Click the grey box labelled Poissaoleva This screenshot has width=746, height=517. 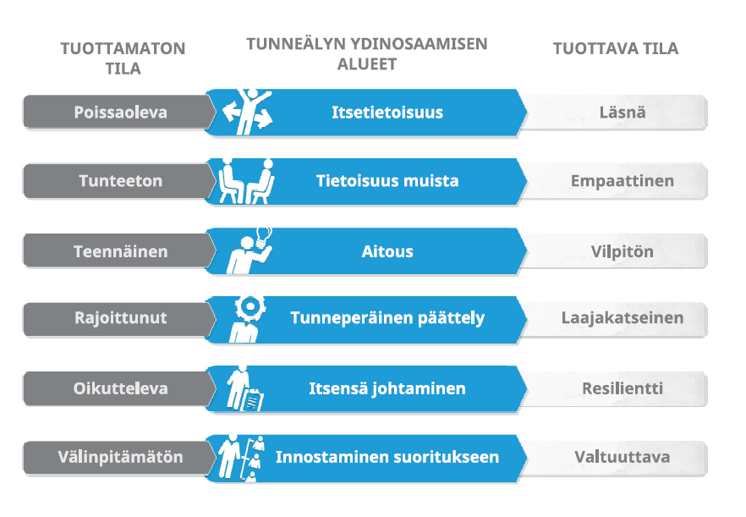[x=119, y=113]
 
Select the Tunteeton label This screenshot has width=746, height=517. [x=120, y=181]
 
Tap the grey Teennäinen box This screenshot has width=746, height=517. [x=119, y=250]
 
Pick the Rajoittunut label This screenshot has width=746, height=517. [x=120, y=318]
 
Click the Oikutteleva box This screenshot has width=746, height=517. [x=119, y=388]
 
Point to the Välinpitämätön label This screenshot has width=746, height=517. [x=120, y=457]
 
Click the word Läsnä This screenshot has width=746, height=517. [x=623, y=113]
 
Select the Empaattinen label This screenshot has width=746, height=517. [x=623, y=181]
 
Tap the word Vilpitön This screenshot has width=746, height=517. [x=623, y=251]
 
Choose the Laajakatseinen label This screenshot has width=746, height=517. [x=623, y=317]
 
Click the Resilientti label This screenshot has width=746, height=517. [x=623, y=388]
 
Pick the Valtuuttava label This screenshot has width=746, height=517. [x=623, y=457]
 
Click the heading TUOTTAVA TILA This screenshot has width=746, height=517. [x=616, y=48]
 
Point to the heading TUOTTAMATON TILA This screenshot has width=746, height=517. [x=123, y=58]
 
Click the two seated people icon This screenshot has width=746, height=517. [x=246, y=181]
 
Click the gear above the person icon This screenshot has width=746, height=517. [x=250, y=308]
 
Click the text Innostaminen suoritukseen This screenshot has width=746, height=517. [x=387, y=457]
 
